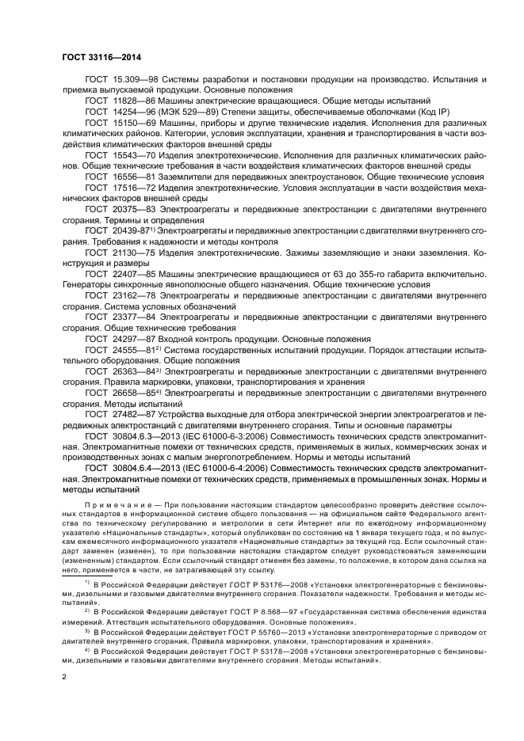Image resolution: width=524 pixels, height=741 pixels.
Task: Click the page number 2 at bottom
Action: pyautogui.click(x=64, y=678)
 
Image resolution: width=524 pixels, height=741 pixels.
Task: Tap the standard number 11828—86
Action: pyautogui.click(x=132, y=101)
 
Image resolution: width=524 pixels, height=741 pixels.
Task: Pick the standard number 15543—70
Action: pyautogui.click(x=132, y=157)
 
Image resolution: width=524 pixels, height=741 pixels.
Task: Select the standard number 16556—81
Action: pyautogui.click(x=132, y=177)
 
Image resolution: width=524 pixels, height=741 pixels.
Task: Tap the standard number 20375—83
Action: pyautogui.click(x=132, y=208)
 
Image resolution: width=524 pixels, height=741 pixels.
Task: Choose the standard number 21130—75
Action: pyautogui.click(x=132, y=253)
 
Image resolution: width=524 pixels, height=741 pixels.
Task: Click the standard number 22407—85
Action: pyautogui.click(x=132, y=273)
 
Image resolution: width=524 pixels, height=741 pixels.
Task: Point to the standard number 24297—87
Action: pyautogui.click(x=132, y=337)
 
